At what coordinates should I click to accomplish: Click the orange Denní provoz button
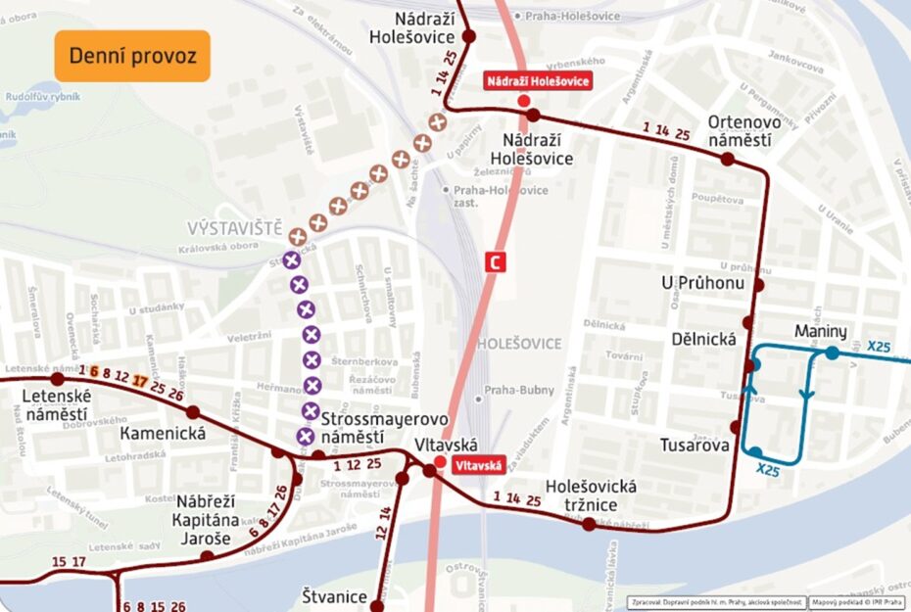tap(132, 56)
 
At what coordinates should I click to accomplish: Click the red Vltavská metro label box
tap(477, 467)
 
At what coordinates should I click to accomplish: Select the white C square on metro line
tap(498, 262)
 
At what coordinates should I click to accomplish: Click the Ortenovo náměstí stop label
tap(743, 131)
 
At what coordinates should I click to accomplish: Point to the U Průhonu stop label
tap(702, 283)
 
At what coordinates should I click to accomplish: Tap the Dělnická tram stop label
tap(703, 340)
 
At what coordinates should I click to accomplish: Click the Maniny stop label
tap(821, 331)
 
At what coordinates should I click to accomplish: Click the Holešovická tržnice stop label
tap(591, 494)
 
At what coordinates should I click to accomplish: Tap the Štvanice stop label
tap(334, 596)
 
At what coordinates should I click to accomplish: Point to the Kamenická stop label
tap(163, 433)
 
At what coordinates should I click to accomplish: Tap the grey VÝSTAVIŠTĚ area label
tap(234, 227)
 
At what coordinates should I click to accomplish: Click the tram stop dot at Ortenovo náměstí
tap(727, 158)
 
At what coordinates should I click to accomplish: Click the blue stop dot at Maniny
tap(832, 353)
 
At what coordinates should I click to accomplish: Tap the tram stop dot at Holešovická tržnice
tap(589, 524)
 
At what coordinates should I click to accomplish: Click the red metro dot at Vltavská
tap(441, 460)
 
